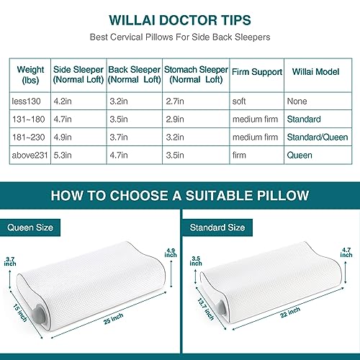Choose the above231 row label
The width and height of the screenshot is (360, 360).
point(30,153)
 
